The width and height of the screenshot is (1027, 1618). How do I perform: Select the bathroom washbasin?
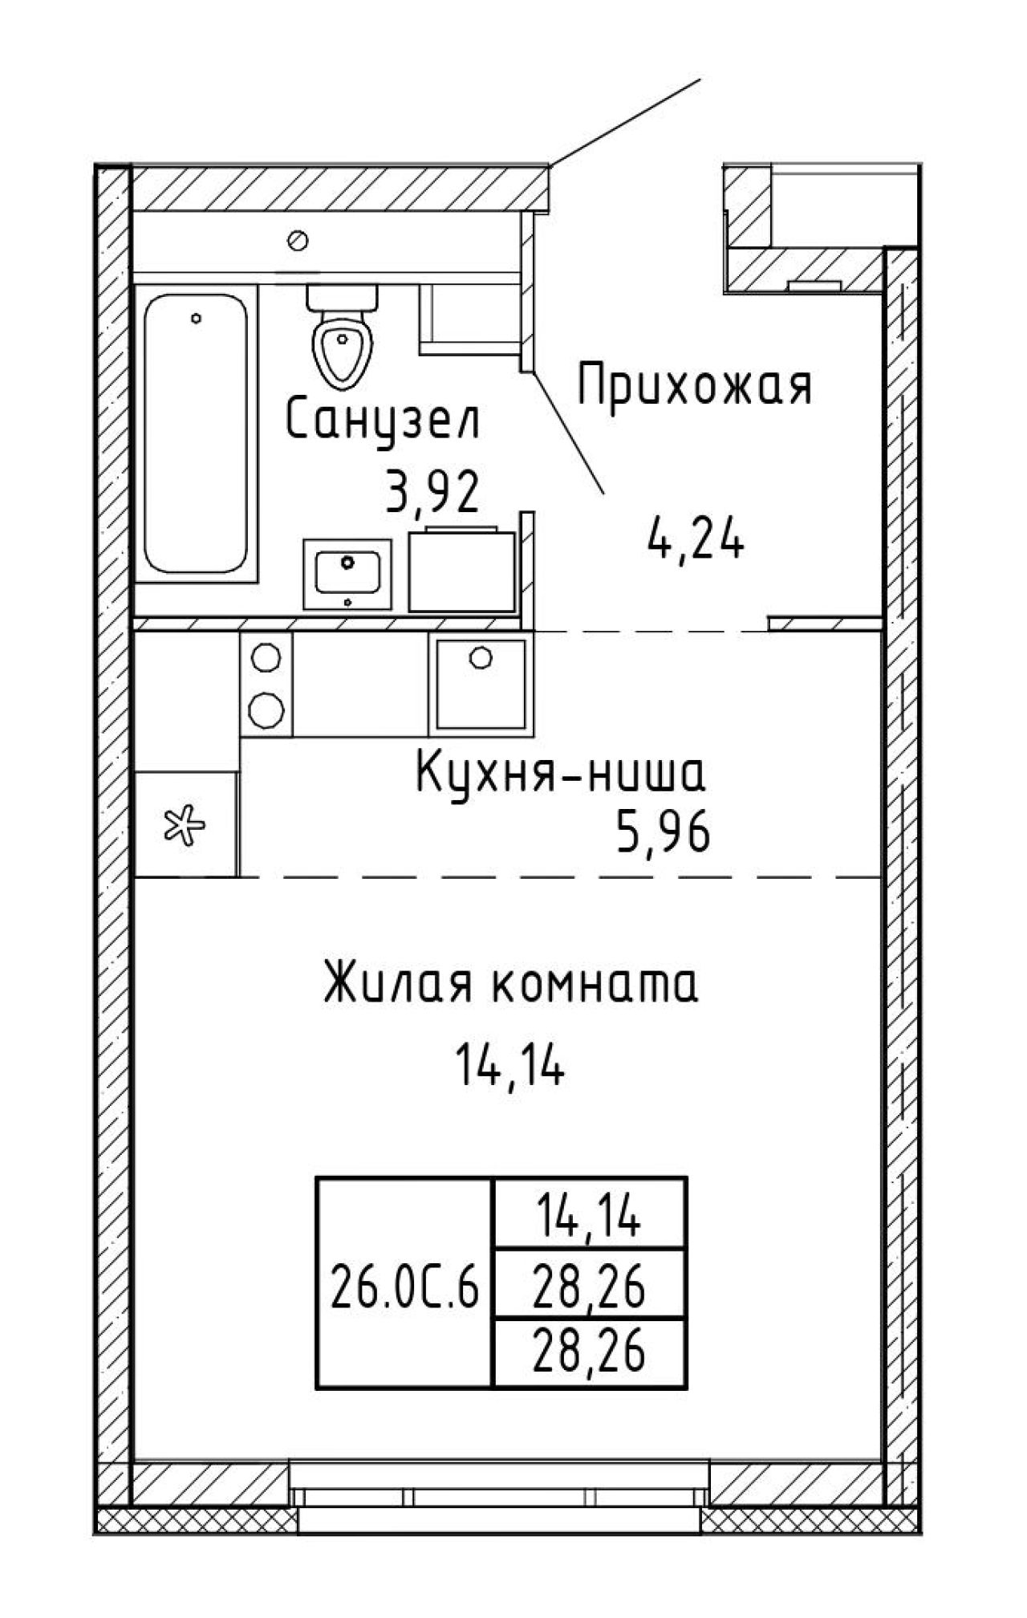tap(347, 574)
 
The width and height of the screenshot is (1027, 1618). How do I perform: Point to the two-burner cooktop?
tap(266, 683)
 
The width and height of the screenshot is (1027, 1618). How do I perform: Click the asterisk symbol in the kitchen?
tap(185, 824)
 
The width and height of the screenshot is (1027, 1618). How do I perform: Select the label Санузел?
tap(383, 421)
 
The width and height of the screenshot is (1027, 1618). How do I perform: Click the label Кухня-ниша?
tap(561, 774)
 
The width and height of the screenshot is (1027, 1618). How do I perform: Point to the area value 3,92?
tap(432, 492)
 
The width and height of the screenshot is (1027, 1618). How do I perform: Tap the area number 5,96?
tap(663, 835)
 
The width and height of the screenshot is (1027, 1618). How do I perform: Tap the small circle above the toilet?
tap(299, 239)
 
